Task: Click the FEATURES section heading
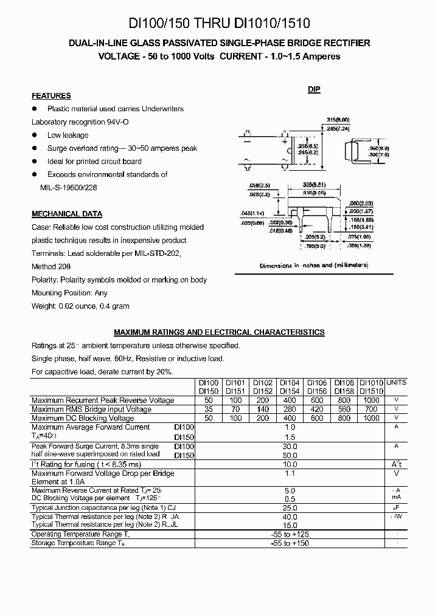coord(51,96)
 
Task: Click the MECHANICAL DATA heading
coord(66,214)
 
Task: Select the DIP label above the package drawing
coord(314,89)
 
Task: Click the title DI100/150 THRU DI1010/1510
coord(218,24)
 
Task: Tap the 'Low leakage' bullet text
coord(68,136)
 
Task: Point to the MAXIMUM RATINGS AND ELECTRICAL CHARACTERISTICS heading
coord(219,332)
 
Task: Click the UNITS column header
coord(396,383)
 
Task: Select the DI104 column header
coord(289,383)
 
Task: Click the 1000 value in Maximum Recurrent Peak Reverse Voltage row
coord(370,400)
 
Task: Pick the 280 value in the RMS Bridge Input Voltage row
coord(289,410)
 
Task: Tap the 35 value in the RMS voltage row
coord(209,410)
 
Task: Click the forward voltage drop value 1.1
coord(290,473)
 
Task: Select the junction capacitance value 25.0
coord(290,507)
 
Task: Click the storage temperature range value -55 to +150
coord(290,543)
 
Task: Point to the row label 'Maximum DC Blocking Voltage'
coord(82,418)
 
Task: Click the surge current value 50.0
coord(290,455)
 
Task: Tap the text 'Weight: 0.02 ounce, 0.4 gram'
coord(80,306)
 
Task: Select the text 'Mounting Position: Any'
coord(70,293)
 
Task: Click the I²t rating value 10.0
coord(290,464)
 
